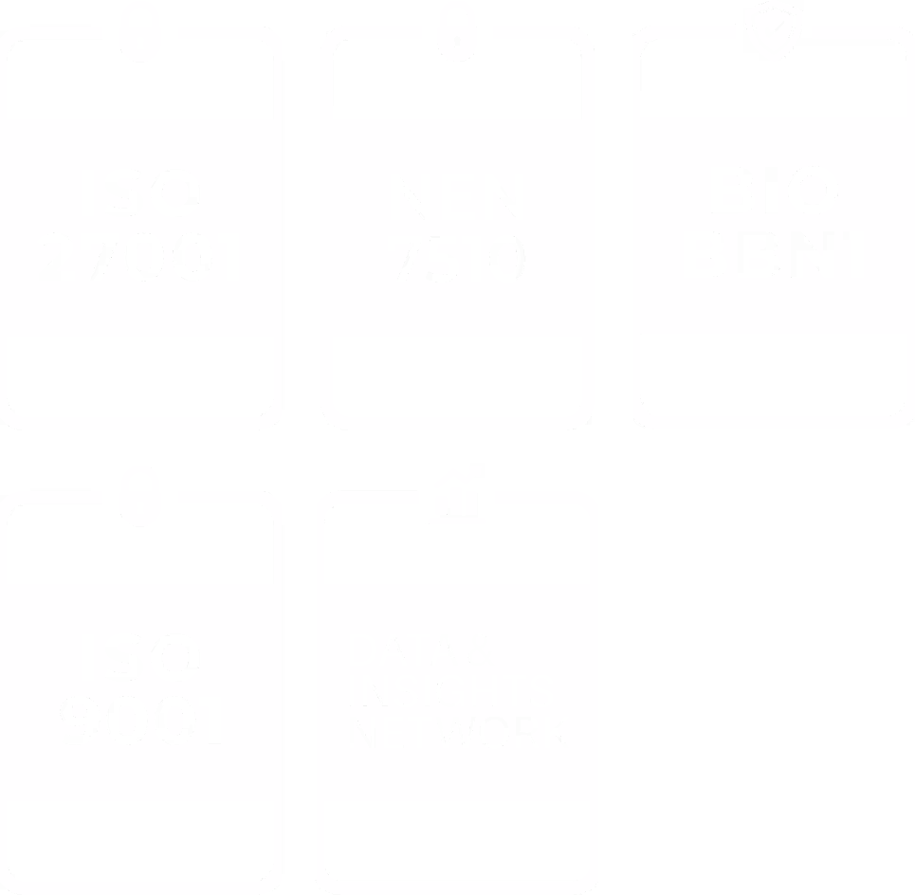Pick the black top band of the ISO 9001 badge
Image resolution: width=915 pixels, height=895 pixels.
(140, 555)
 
